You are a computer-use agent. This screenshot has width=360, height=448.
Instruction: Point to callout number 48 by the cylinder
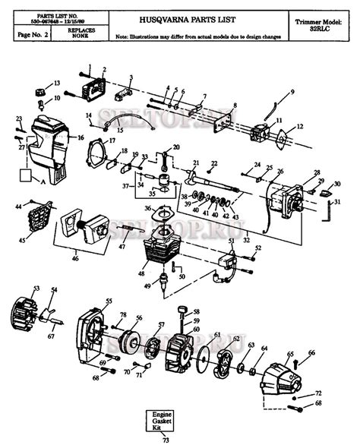(142, 273)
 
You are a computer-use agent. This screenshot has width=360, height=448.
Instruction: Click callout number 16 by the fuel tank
(81, 139)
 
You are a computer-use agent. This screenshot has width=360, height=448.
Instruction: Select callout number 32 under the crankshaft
(246, 241)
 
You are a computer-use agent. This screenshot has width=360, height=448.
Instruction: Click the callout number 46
(74, 259)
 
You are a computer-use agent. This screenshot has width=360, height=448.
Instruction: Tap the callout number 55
(109, 301)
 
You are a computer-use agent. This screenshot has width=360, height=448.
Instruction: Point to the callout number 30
(337, 184)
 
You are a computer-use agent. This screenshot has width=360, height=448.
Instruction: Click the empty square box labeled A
(27, 175)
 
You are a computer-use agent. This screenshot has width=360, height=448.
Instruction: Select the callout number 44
(18, 207)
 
